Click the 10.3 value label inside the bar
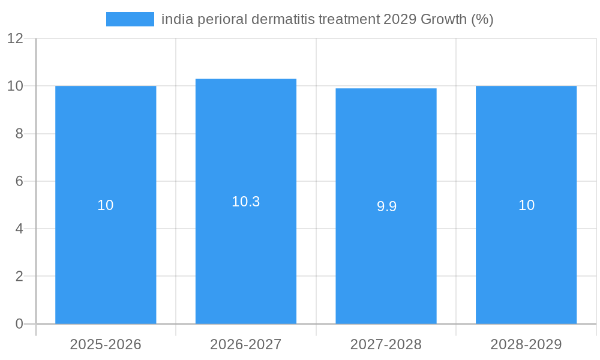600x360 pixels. [246, 202]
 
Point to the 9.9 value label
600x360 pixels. [386, 206]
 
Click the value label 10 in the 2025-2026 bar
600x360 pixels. [106, 205]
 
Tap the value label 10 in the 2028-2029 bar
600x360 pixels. [526, 205]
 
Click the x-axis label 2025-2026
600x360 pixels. [106, 344]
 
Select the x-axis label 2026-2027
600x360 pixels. [246, 344]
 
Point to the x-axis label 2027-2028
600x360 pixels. [386, 344]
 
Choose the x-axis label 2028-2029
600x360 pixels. [526, 344]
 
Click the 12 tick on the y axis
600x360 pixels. [15, 38]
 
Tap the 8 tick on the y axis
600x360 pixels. [19, 134]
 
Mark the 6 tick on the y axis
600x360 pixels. [19, 181]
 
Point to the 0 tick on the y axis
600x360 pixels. [19, 324]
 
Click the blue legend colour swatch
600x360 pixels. [130, 19]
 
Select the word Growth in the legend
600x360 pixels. [443, 19]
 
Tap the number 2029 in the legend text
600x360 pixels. [398, 19]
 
